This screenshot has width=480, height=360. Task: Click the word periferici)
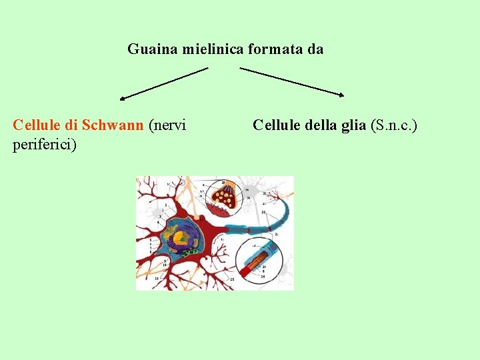45,144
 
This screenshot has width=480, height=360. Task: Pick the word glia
352,125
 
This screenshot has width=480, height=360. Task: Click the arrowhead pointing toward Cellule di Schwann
122,99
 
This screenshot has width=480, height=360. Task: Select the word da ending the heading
316,49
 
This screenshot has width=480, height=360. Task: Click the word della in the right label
319,125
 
